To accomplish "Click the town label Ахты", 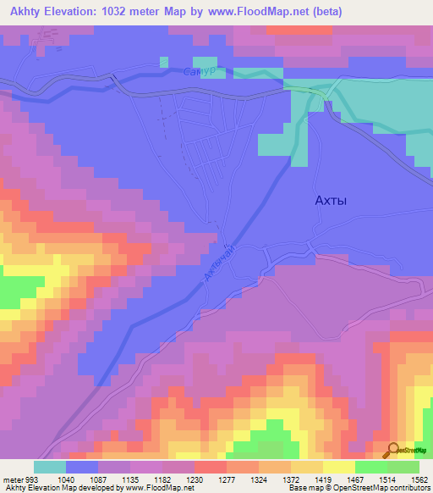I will click(x=331, y=201).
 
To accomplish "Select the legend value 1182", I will click(x=162, y=478).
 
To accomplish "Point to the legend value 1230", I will click(x=194, y=478).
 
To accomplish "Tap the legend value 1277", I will click(x=227, y=478).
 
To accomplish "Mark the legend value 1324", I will click(x=259, y=478).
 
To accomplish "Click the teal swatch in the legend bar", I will click(x=50, y=466).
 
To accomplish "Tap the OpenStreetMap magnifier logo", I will click(x=392, y=451).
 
